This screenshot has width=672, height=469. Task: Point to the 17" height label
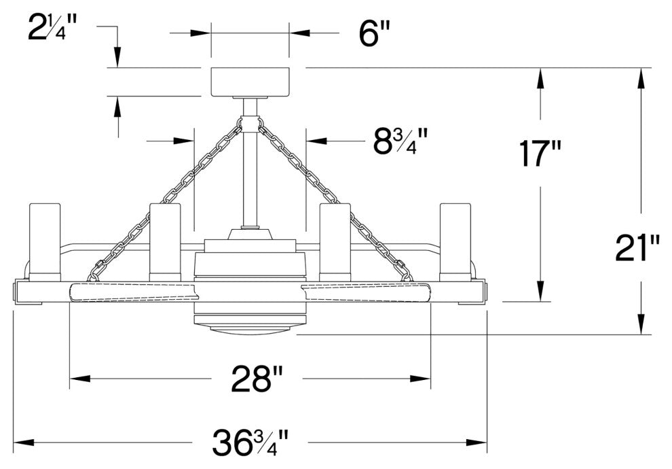click(540, 153)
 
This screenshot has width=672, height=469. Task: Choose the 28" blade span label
click(257, 379)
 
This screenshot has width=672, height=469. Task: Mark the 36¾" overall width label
click(250, 442)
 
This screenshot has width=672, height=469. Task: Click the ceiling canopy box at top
click(250, 82)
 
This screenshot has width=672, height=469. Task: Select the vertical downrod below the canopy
click(250, 163)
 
